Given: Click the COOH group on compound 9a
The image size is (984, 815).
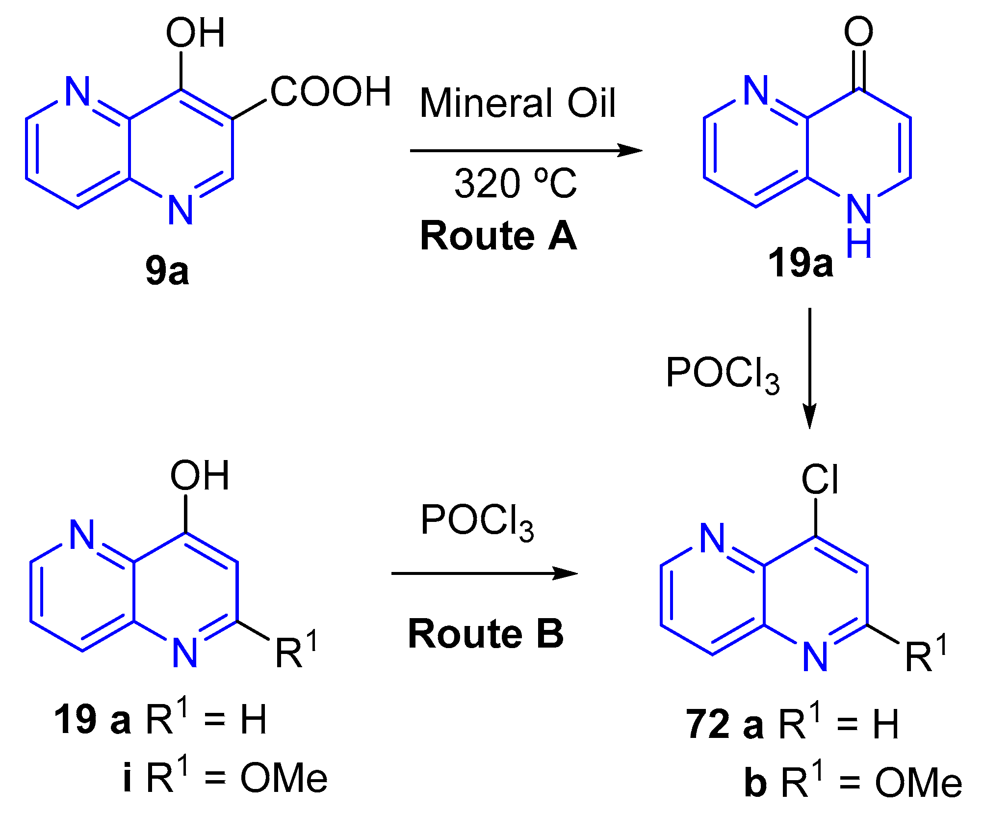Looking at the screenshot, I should (331, 92).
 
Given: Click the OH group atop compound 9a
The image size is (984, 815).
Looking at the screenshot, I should (195, 33).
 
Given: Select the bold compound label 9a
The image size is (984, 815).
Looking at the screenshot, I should (167, 271).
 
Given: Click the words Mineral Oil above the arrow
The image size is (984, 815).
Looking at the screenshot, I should (518, 103).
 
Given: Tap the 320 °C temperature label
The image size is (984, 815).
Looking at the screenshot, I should (515, 184).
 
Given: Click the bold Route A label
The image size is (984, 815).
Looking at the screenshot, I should (498, 236).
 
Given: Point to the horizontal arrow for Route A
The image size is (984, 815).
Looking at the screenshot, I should (525, 150).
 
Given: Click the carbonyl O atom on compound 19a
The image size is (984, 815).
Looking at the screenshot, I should (858, 31).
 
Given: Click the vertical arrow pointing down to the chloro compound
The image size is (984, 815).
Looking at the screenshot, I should (809, 368).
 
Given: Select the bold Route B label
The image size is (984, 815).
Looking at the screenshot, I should (486, 634).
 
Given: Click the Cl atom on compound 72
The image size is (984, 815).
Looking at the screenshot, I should (820, 480).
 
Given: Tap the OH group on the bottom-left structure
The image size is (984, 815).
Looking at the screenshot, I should (200, 476).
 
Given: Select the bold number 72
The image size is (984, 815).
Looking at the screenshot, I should (707, 724).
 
